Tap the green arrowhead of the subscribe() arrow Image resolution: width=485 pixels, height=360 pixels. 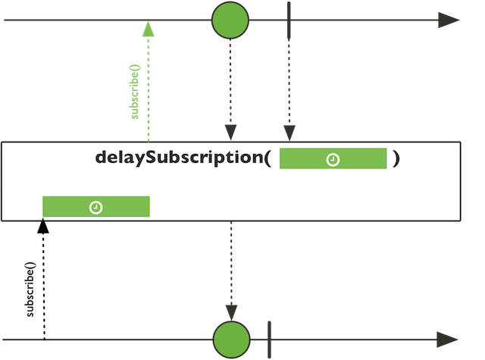point(148,30)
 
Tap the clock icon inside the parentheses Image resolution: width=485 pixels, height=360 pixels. point(333,159)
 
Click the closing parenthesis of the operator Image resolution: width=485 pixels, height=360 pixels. point(396,159)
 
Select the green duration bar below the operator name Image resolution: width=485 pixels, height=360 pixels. point(95,206)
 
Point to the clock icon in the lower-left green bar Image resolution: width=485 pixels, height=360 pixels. point(95,207)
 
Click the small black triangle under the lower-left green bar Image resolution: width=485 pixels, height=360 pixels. point(42,221)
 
